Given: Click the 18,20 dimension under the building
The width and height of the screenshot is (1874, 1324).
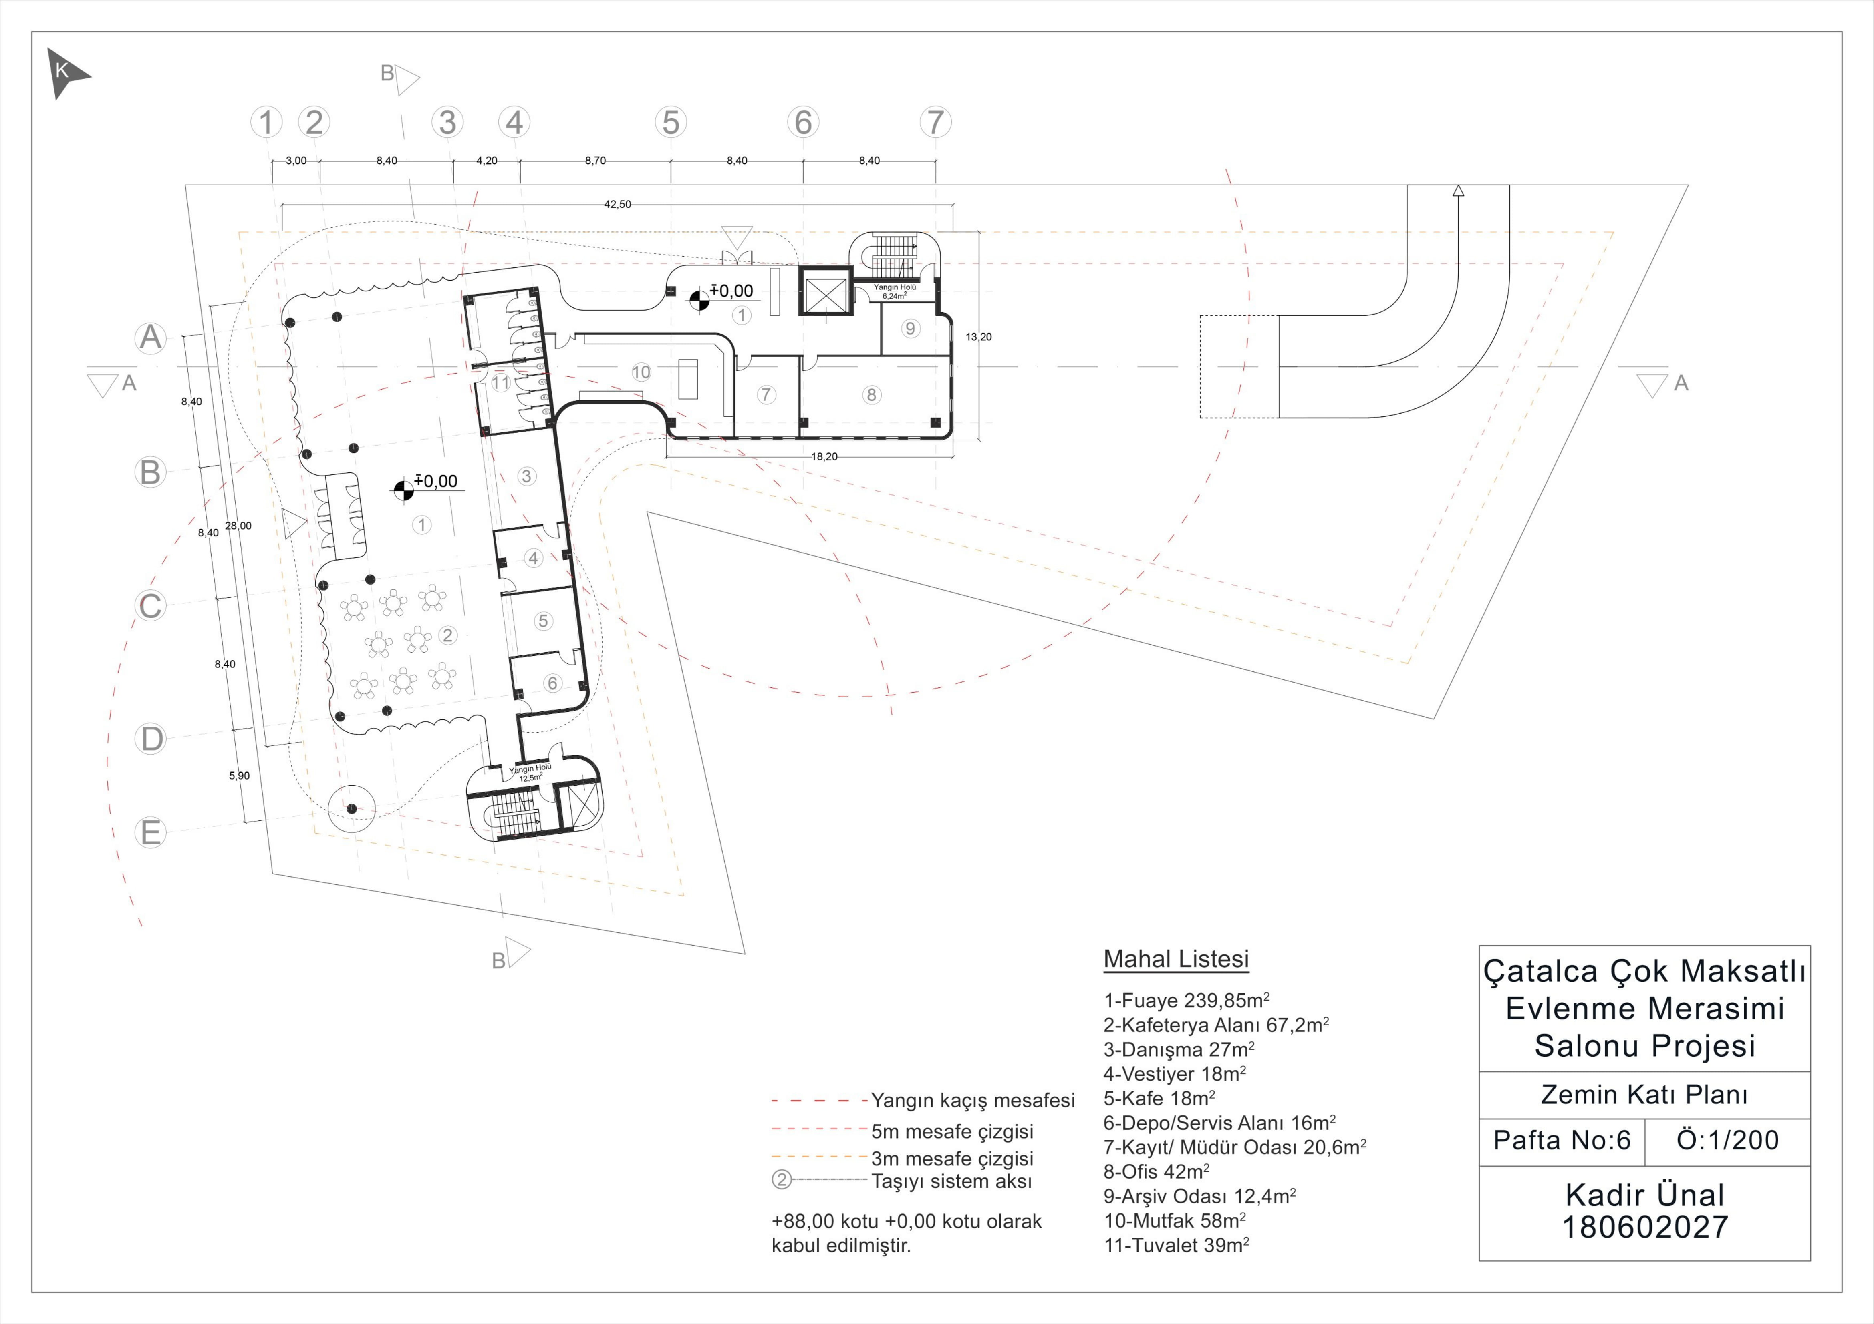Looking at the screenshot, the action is click(x=824, y=457).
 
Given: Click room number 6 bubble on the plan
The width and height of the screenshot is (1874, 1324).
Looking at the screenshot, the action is click(x=552, y=683).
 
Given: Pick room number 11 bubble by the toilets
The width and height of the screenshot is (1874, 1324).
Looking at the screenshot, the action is click(x=500, y=382).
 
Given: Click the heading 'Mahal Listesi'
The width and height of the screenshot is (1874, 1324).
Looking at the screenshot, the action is click(x=1176, y=959).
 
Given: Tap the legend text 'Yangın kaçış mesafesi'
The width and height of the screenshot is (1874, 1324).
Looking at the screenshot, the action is click(x=973, y=1101).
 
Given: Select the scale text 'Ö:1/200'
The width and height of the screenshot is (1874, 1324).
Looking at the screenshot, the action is click(x=1728, y=1141).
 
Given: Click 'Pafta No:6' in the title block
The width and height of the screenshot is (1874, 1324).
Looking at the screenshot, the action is click(x=1562, y=1141).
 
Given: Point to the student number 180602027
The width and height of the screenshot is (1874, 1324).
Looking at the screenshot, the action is click(x=1644, y=1228).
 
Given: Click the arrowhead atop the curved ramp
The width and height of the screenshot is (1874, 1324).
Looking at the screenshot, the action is click(x=1459, y=190).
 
